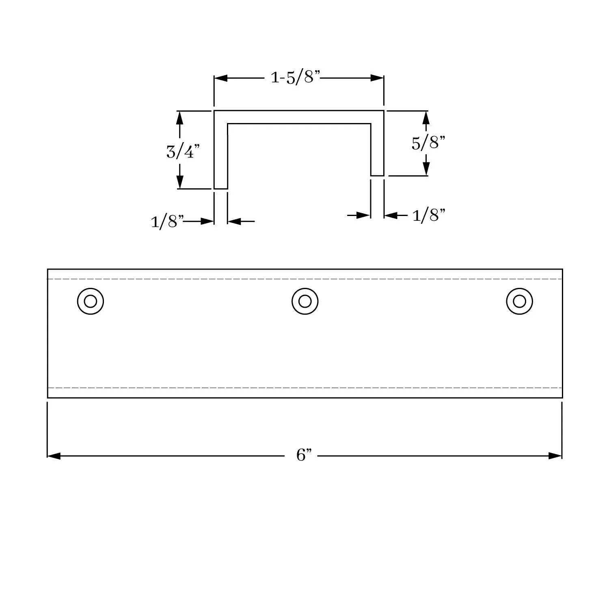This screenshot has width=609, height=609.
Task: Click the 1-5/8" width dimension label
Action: tap(296, 77)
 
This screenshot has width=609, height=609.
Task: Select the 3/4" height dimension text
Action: tap(183, 151)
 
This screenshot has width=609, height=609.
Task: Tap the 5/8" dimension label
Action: tap(428, 143)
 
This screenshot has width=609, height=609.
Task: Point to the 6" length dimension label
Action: tap(304, 455)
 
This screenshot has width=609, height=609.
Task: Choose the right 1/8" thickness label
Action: tap(429, 215)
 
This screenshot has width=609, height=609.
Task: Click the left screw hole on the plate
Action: tap(91, 301)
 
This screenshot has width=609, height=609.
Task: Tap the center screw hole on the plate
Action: tap(305, 301)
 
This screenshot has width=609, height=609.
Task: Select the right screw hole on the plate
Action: tap(519, 301)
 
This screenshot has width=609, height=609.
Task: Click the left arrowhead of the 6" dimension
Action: tap(54, 456)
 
